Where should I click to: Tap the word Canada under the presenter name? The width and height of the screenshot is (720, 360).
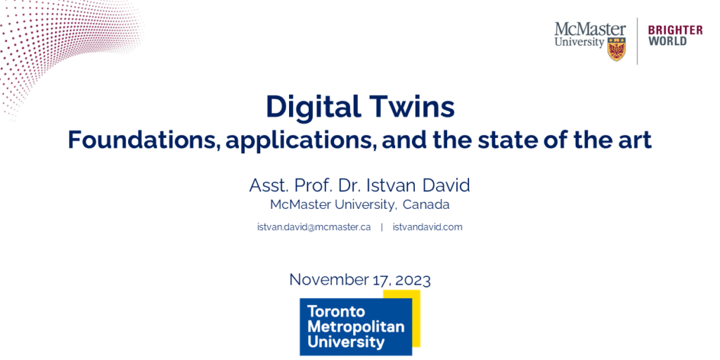click(x=425, y=205)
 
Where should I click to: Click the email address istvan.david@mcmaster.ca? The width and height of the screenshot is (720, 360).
click(x=314, y=227)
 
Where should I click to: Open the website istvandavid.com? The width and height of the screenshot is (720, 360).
click(x=427, y=227)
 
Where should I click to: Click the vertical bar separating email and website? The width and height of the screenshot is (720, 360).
click(x=382, y=227)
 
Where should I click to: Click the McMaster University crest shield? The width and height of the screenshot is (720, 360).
click(x=616, y=49)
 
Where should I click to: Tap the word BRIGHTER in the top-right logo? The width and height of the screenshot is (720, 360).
click(x=675, y=30)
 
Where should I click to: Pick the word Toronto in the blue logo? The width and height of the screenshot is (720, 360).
click(x=336, y=312)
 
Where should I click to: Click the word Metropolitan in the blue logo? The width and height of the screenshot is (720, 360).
click(x=356, y=328)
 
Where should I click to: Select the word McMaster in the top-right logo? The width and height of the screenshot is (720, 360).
click(x=590, y=30)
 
